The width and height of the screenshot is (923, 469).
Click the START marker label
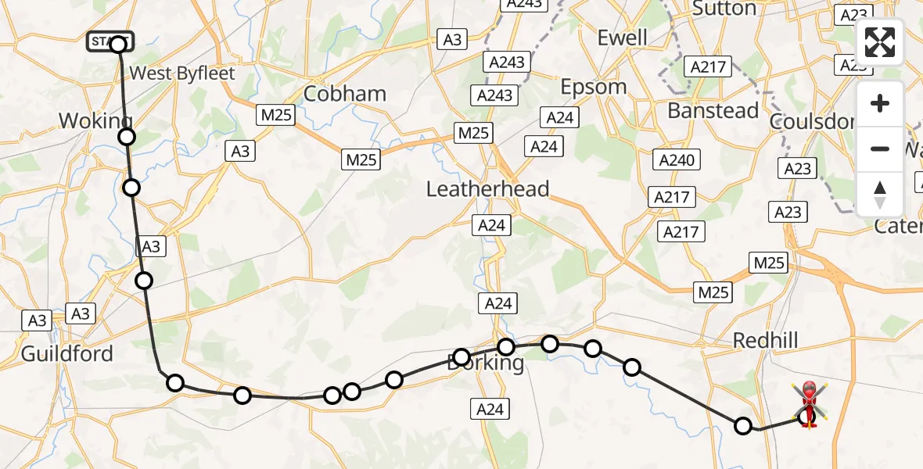point(110,41)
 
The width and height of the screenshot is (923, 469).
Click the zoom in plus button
point(880,103)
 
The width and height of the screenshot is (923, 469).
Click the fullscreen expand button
point(880,42)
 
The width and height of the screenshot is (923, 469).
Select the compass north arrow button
point(880,195)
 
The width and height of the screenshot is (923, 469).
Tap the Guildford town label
point(66,353)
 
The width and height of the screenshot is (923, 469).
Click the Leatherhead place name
point(487,188)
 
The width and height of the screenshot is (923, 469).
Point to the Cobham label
point(345,94)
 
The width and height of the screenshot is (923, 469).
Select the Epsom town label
point(594,86)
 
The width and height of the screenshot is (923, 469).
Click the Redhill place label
point(765,340)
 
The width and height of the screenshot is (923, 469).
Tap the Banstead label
point(713,110)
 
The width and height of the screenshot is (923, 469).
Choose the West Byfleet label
point(182,73)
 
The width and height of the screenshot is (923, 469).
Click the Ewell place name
point(622,37)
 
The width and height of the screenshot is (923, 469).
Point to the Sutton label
point(724,9)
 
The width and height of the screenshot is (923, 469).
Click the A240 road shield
point(676,160)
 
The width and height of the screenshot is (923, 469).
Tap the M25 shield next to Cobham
point(276,116)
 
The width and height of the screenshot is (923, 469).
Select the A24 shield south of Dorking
point(490,408)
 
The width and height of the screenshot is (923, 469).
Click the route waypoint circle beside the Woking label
point(127,138)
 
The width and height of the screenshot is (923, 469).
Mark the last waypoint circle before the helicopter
point(743,426)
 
